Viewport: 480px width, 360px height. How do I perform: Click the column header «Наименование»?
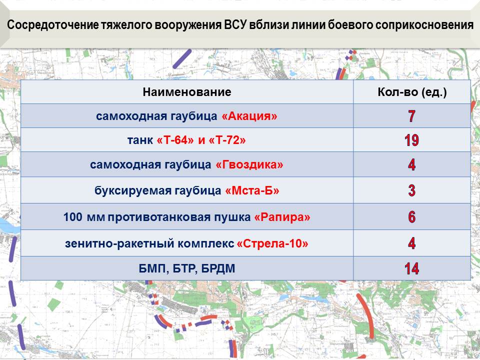(x=186, y=92)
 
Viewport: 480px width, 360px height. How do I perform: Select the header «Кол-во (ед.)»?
(x=412, y=92)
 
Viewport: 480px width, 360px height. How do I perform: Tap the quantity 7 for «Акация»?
(x=411, y=116)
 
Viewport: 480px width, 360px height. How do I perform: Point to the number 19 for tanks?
(x=411, y=140)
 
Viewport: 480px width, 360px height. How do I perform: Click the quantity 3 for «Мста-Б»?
(x=411, y=190)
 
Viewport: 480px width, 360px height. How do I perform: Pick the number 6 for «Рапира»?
(x=411, y=216)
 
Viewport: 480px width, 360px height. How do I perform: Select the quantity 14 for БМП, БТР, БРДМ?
(x=411, y=268)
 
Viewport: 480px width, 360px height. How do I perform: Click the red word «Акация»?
(x=249, y=116)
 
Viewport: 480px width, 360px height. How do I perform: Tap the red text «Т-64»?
(x=175, y=140)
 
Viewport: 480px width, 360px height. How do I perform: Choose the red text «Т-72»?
(x=227, y=140)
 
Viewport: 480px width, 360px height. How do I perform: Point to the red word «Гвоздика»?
(x=249, y=164)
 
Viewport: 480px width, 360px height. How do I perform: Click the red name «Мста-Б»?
(x=252, y=190)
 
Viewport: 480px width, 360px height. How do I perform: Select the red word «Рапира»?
(x=282, y=217)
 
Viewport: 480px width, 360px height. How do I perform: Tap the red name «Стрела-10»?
(x=272, y=243)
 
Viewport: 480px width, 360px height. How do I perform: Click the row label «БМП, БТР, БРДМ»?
(x=186, y=269)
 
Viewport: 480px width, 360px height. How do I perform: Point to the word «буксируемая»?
(x=133, y=190)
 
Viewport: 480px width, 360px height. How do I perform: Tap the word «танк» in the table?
(x=140, y=140)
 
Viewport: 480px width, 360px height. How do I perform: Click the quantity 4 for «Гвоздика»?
(x=411, y=164)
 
